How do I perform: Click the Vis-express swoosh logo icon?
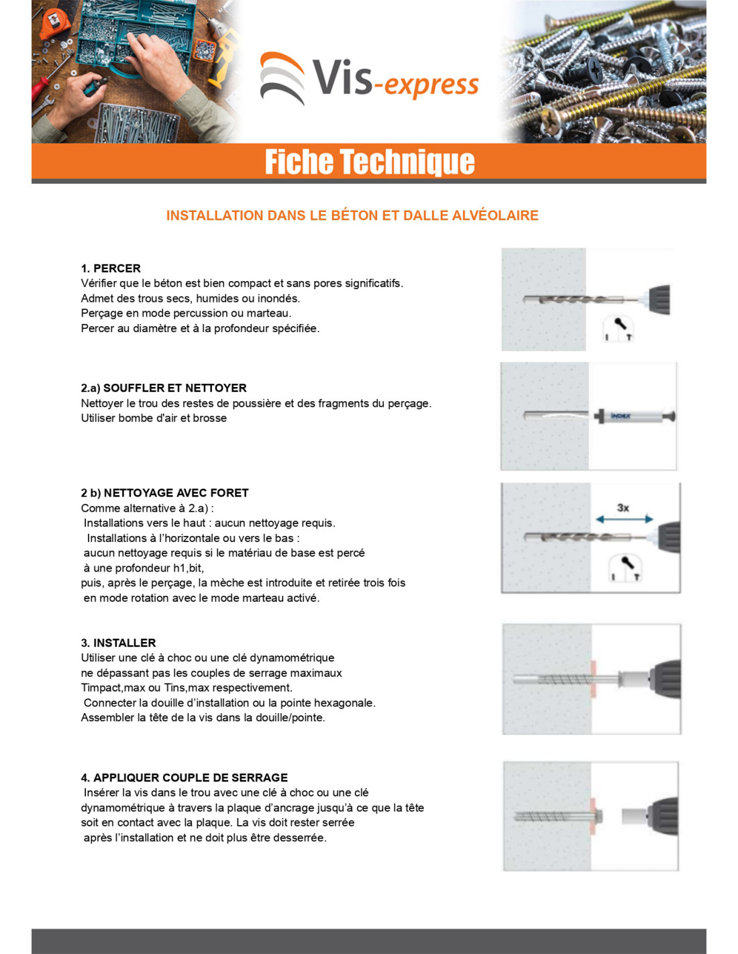coord(282,78)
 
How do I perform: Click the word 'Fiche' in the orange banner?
coord(299,162)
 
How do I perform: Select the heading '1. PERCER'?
coord(111,268)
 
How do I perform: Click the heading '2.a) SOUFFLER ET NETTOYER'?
coord(164,388)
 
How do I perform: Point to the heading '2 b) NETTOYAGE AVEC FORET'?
coord(164,492)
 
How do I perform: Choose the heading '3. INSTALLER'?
coord(118,643)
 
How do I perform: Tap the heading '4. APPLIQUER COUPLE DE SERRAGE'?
coord(184,778)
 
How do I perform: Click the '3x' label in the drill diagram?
coord(623,507)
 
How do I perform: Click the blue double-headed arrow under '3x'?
coord(624,519)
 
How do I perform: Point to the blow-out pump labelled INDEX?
coord(635,416)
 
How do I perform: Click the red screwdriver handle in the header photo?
coord(40,83)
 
